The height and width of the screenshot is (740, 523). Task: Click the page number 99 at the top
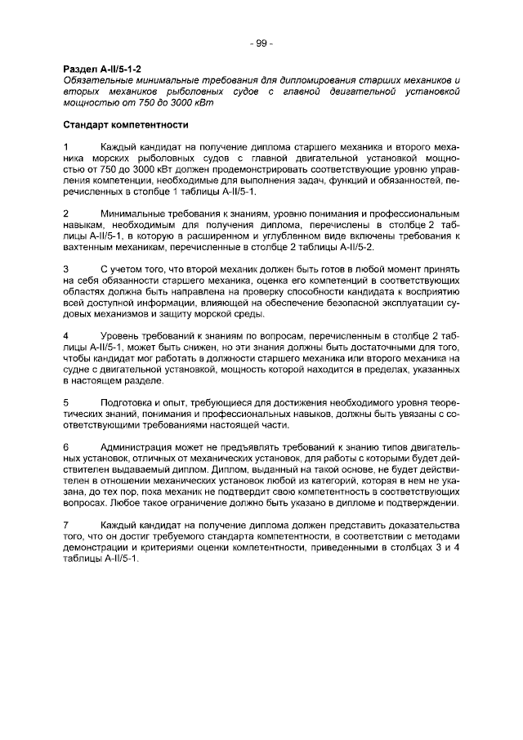point(261,43)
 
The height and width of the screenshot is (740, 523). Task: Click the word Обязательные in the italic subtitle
point(95,81)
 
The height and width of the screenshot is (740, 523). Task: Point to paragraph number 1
point(66,146)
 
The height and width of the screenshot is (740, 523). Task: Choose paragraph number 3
point(66,268)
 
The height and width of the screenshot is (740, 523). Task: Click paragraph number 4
point(66,335)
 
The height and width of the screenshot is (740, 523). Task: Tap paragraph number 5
point(66,402)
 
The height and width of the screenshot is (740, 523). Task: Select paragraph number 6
point(66,447)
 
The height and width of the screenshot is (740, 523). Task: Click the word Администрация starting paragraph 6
point(137,447)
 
